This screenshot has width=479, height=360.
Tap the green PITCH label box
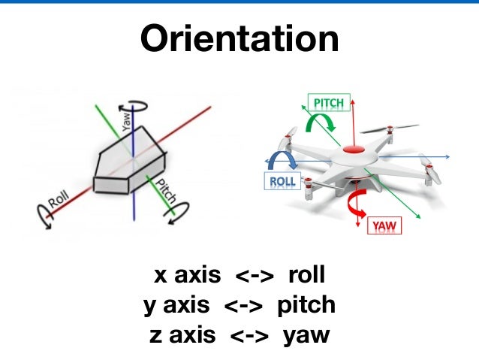pos(328,102)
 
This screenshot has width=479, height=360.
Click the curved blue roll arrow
pos(285,159)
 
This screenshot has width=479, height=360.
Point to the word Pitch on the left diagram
pos(166,192)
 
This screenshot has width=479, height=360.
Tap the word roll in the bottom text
pos(306,276)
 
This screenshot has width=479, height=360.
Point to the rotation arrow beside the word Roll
pos(40,218)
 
